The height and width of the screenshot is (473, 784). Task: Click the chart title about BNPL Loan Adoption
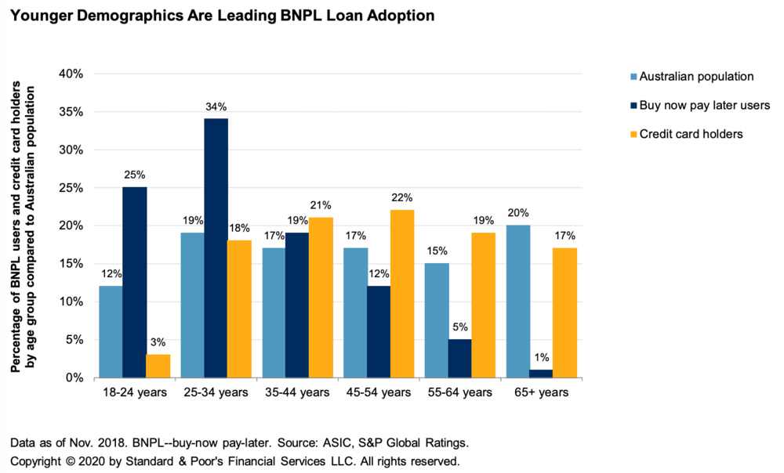click(x=223, y=16)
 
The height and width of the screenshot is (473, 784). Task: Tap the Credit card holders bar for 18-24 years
click(x=158, y=366)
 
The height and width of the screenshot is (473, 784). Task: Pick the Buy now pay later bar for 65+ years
click(x=542, y=374)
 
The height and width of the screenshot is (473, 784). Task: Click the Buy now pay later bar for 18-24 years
click(x=134, y=282)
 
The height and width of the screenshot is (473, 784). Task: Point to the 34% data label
click(x=216, y=107)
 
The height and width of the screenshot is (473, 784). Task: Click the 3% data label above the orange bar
click(x=158, y=342)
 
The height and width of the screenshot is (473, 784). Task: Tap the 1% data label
click(x=542, y=357)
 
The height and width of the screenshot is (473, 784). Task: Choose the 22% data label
click(x=402, y=197)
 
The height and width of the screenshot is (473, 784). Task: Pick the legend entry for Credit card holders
click(x=691, y=134)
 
